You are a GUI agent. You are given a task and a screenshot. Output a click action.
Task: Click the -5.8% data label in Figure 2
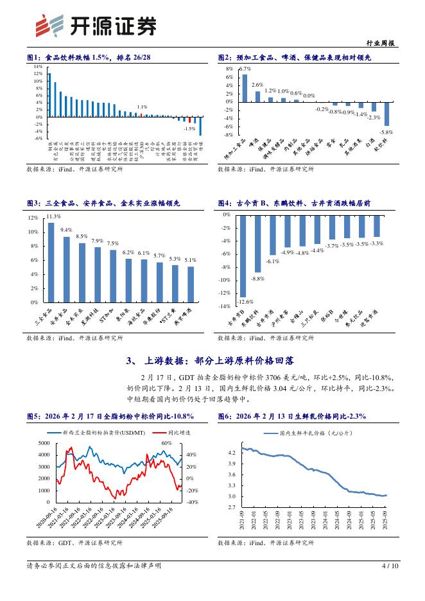point(386,131)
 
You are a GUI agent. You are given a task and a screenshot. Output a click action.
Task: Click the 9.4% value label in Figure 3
point(66,229)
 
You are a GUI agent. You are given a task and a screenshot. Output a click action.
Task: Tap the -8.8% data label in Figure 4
point(257,278)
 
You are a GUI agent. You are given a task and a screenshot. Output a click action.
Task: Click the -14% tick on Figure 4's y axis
point(225,306)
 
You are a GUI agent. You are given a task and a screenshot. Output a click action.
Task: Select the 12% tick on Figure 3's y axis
point(33,218)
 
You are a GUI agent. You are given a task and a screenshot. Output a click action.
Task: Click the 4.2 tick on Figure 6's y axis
point(230,453)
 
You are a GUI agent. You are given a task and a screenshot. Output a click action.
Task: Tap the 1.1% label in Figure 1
point(142,107)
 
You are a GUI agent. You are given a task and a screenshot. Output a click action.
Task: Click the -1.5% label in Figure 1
point(189,128)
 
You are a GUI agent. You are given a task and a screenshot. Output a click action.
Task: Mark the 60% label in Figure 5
point(166,443)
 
